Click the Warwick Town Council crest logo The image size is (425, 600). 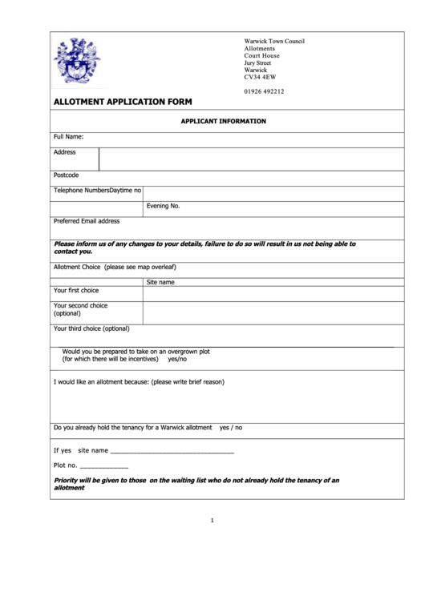[x=77, y=62]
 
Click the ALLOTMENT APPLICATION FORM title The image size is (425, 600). [x=122, y=103]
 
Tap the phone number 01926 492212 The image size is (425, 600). [x=264, y=91]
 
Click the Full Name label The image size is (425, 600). [x=69, y=137]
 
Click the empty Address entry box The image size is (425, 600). [x=250, y=159]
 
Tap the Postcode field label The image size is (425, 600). [x=66, y=175]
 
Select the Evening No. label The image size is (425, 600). [x=163, y=206]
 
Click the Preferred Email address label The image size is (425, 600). [x=87, y=221]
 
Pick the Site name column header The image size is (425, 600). [x=160, y=282]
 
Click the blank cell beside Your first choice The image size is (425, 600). [x=273, y=293]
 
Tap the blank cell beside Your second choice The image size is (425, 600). [x=273, y=312]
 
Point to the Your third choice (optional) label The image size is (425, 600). [x=91, y=328]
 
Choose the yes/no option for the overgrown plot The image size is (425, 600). [x=178, y=360]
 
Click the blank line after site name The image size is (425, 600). [x=172, y=452]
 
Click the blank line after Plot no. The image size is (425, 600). [x=104, y=466]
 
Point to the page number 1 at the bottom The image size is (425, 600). [x=212, y=521]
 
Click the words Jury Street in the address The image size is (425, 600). [x=257, y=62]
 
